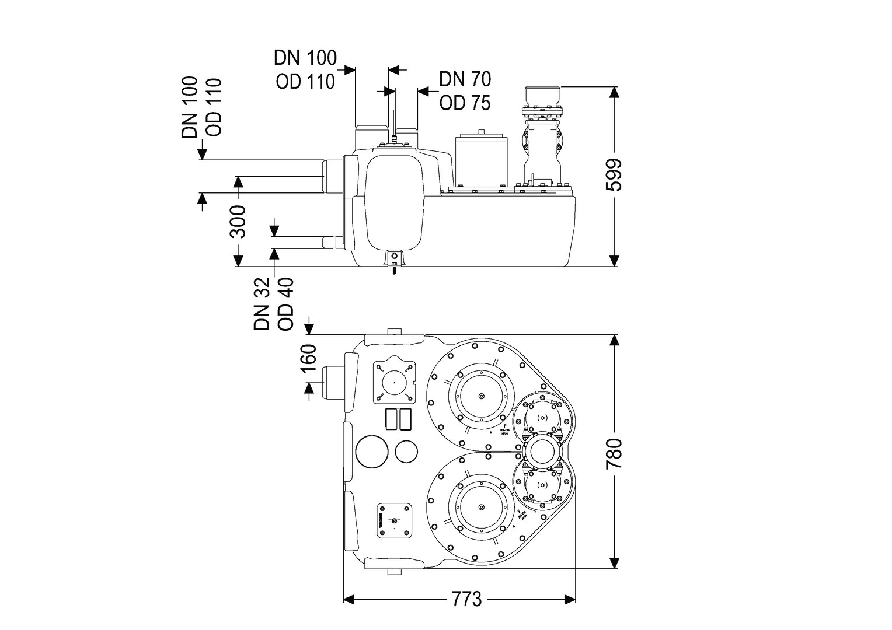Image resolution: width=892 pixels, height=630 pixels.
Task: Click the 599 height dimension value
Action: tap(614, 174)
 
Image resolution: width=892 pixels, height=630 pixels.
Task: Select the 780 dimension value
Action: tap(614, 453)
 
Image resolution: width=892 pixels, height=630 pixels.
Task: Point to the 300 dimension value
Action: tap(238, 221)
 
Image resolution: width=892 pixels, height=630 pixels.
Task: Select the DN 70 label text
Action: tap(465, 79)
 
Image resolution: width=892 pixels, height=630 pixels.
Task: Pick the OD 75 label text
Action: tap(465, 103)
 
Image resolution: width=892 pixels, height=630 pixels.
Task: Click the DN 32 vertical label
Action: tap(262, 304)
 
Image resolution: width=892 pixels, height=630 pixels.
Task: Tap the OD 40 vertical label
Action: tap(286, 304)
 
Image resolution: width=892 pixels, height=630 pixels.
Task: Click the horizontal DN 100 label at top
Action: tap(305, 58)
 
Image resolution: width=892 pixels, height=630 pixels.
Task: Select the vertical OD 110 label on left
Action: tap(214, 107)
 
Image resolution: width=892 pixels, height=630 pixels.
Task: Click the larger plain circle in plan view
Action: tap(372, 450)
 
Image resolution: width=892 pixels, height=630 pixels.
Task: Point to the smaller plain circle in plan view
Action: tap(406, 451)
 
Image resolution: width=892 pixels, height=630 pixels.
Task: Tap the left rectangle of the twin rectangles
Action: tap(391, 419)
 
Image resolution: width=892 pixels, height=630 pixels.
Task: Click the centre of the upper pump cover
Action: tap(482, 397)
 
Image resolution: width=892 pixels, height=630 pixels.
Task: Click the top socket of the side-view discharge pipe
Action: tap(543, 96)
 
